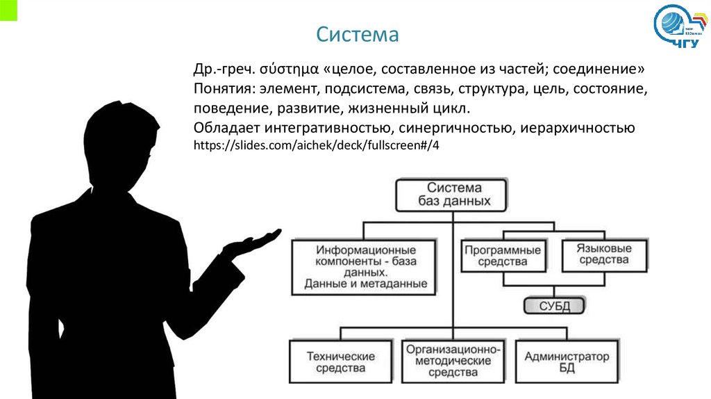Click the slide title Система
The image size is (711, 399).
358,34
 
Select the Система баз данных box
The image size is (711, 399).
453,195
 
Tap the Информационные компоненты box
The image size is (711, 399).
365,267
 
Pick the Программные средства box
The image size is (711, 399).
503,255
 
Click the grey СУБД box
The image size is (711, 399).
553,305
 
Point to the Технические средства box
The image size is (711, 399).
340,361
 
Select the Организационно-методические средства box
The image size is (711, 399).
453,361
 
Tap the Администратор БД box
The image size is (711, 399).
567,361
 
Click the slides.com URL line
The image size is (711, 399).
317,146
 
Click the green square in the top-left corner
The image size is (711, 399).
8,10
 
